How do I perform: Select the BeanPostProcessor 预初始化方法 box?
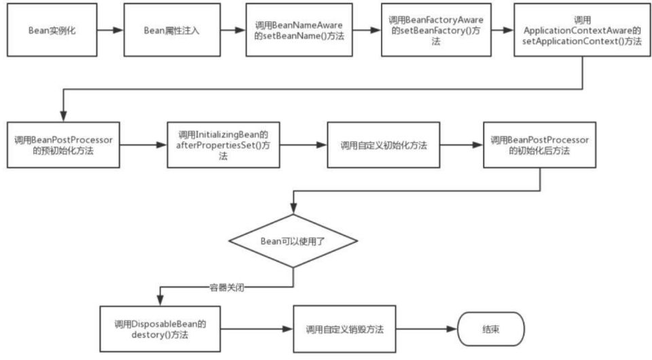(x=63, y=145)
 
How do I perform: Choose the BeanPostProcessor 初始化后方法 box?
(x=539, y=145)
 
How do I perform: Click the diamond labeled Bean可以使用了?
(x=293, y=240)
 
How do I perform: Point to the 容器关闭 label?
(x=226, y=287)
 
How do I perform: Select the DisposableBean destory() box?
(x=160, y=329)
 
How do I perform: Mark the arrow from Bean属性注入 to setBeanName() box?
(x=234, y=31)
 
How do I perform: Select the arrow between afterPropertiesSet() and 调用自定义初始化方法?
(x=303, y=145)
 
